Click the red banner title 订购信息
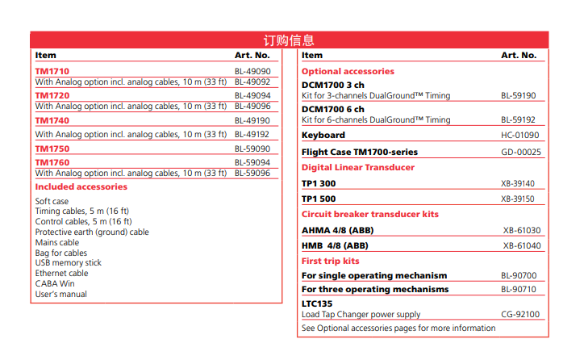point(289,40)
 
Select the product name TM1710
point(52,71)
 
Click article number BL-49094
point(252,95)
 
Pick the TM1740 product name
point(52,120)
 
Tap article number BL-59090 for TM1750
point(252,149)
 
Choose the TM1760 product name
point(52,162)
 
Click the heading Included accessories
point(81,186)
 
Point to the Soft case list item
point(52,201)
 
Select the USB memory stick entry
point(69,263)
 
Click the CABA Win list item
point(55,284)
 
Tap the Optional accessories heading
point(348,71)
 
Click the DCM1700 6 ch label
point(333,109)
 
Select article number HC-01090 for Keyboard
point(520,135)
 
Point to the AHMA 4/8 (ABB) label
point(337,230)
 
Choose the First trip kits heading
point(331,261)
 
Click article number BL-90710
point(518,289)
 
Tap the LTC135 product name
point(318,303)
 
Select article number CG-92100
point(519,315)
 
